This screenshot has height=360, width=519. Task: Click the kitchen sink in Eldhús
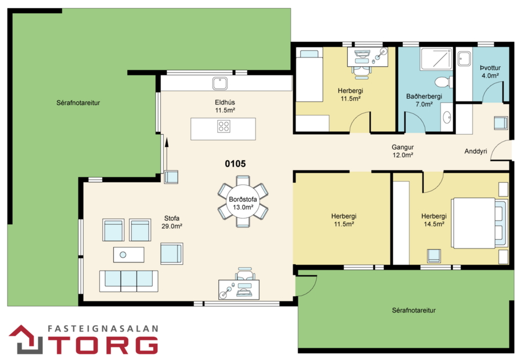pos(219,84)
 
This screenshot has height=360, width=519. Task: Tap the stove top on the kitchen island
pos(224,126)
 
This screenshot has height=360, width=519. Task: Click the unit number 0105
pos(235,164)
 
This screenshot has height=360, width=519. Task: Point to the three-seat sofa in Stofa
pos(128,280)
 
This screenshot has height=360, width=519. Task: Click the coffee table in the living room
pos(128,254)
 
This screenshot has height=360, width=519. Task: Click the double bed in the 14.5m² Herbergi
pos(479,223)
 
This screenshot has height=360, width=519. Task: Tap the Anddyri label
pos(475,152)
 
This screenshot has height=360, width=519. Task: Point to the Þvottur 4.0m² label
pos(490,71)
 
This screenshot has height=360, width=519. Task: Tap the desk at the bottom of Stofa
pos(239,288)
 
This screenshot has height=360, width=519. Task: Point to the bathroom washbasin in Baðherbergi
pos(446,117)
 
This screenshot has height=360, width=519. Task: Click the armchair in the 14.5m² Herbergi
pos(432,256)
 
